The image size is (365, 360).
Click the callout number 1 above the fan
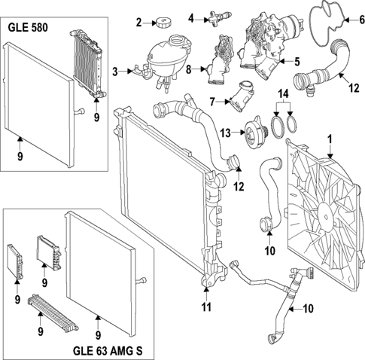click(x=328, y=139)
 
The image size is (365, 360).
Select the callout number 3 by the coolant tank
click(x=116, y=72)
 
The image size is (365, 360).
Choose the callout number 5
click(x=297, y=60)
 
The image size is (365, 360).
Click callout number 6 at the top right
click(x=353, y=20)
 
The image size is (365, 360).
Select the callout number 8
click(x=189, y=69)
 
